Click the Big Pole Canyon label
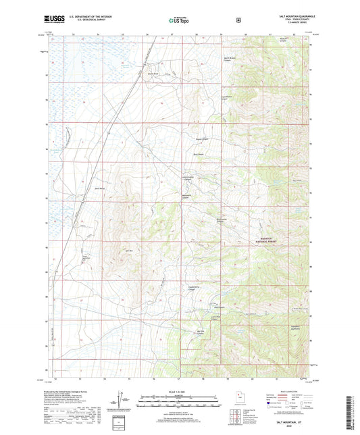(199, 332)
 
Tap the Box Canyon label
(199, 155)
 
